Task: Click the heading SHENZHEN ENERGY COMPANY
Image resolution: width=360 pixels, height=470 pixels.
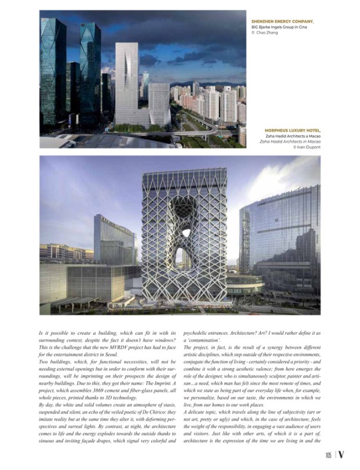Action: [x=282, y=21]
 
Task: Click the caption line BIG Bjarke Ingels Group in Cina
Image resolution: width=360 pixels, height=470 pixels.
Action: [x=277, y=27]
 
